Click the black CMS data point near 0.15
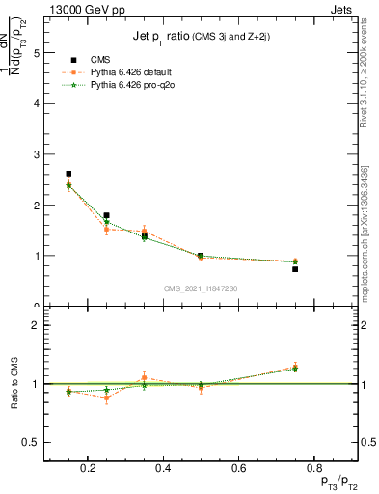pos(68,174)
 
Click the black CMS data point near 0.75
pos(295,269)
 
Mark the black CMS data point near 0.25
pos(106,215)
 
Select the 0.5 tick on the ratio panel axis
pos(32,442)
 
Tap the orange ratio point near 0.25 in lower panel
pos(106,398)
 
